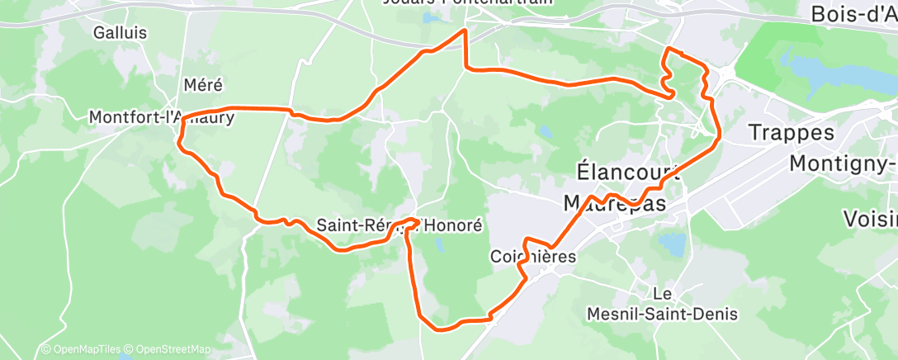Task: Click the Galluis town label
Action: click(120, 33)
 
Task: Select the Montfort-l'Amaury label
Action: click(162, 118)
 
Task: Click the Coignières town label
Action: click(532, 256)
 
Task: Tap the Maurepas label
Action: click(614, 203)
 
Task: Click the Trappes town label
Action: click(791, 132)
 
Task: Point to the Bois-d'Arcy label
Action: click(853, 14)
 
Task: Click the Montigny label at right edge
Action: click(843, 163)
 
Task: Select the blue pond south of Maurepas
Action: click(672, 244)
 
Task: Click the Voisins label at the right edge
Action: click(870, 219)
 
